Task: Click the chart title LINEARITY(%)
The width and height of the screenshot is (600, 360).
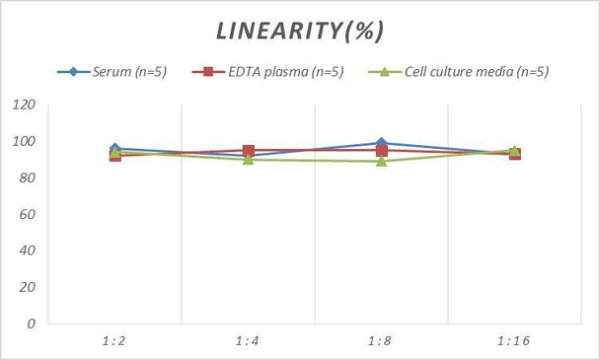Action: pyautogui.click(x=300, y=31)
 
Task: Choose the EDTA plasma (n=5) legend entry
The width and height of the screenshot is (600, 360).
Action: pyautogui.click(x=272, y=71)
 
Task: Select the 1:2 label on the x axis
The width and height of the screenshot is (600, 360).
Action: pyautogui.click(x=114, y=340)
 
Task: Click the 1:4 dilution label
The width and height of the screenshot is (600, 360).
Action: pyautogui.click(x=248, y=340)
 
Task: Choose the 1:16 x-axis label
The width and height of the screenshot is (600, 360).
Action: pyautogui.click(x=514, y=340)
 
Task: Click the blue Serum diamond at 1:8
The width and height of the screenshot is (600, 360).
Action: pyautogui.click(x=381, y=144)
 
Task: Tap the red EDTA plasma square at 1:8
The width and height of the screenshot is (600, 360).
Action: pyautogui.click(x=381, y=151)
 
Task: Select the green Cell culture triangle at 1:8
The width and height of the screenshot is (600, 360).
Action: pyautogui.click(x=381, y=161)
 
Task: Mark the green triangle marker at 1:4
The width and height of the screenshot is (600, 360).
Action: pyautogui.click(x=248, y=159)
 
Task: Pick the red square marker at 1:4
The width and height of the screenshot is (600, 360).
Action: pyautogui.click(x=248, y=151)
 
